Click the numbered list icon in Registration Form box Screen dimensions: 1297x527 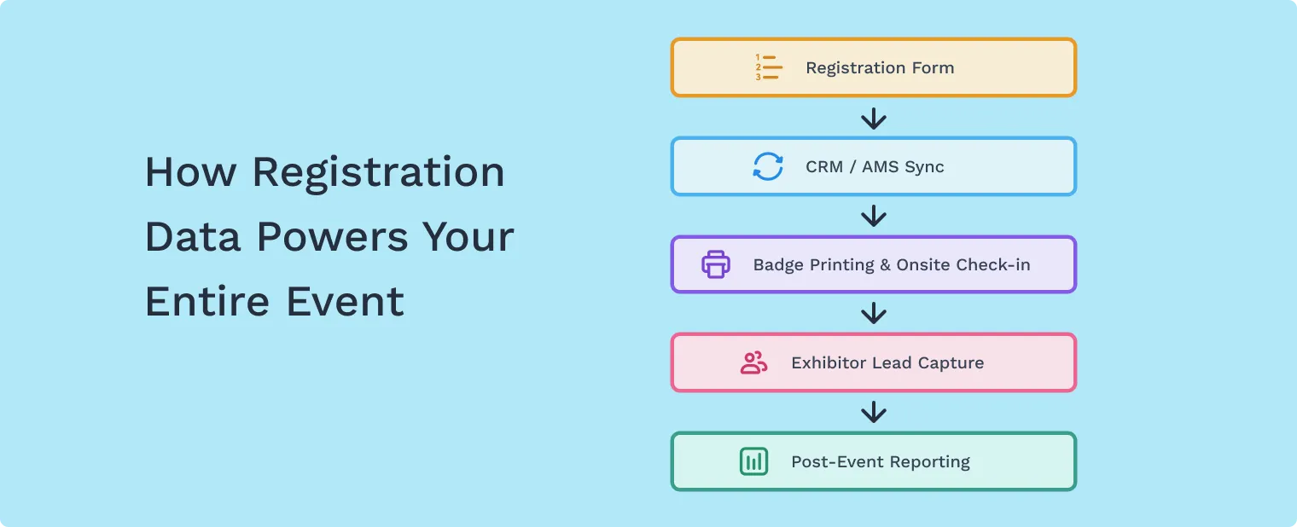[x=768, y=67]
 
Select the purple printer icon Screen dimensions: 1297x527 [x=716, y=264]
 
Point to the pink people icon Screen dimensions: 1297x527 [x=754, y=362]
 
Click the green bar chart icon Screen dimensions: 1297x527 [x=754, y=461]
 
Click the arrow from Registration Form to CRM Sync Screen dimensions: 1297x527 [x=874, y=118]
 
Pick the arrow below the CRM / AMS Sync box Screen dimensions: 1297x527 [x=874, y=216]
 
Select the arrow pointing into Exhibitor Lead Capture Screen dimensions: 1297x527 [x=874, y=313]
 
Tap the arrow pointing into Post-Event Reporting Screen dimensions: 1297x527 [x=874, y=412]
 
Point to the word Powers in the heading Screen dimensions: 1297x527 [x=333, y=236]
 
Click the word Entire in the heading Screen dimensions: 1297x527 [x=207, y=301]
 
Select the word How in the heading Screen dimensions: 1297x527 [x=191, y=171]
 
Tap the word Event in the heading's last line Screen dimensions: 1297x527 [x=346, y=301]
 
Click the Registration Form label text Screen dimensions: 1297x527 [x=880, y=68]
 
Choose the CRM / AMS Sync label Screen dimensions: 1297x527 [x=875, y=166]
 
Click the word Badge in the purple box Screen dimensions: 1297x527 [x=778, y=265]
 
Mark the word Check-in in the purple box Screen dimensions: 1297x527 [x=993, y=264]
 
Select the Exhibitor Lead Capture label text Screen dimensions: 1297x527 [x=887, y=362]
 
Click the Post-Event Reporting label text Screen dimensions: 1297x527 [x=881, y=461]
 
